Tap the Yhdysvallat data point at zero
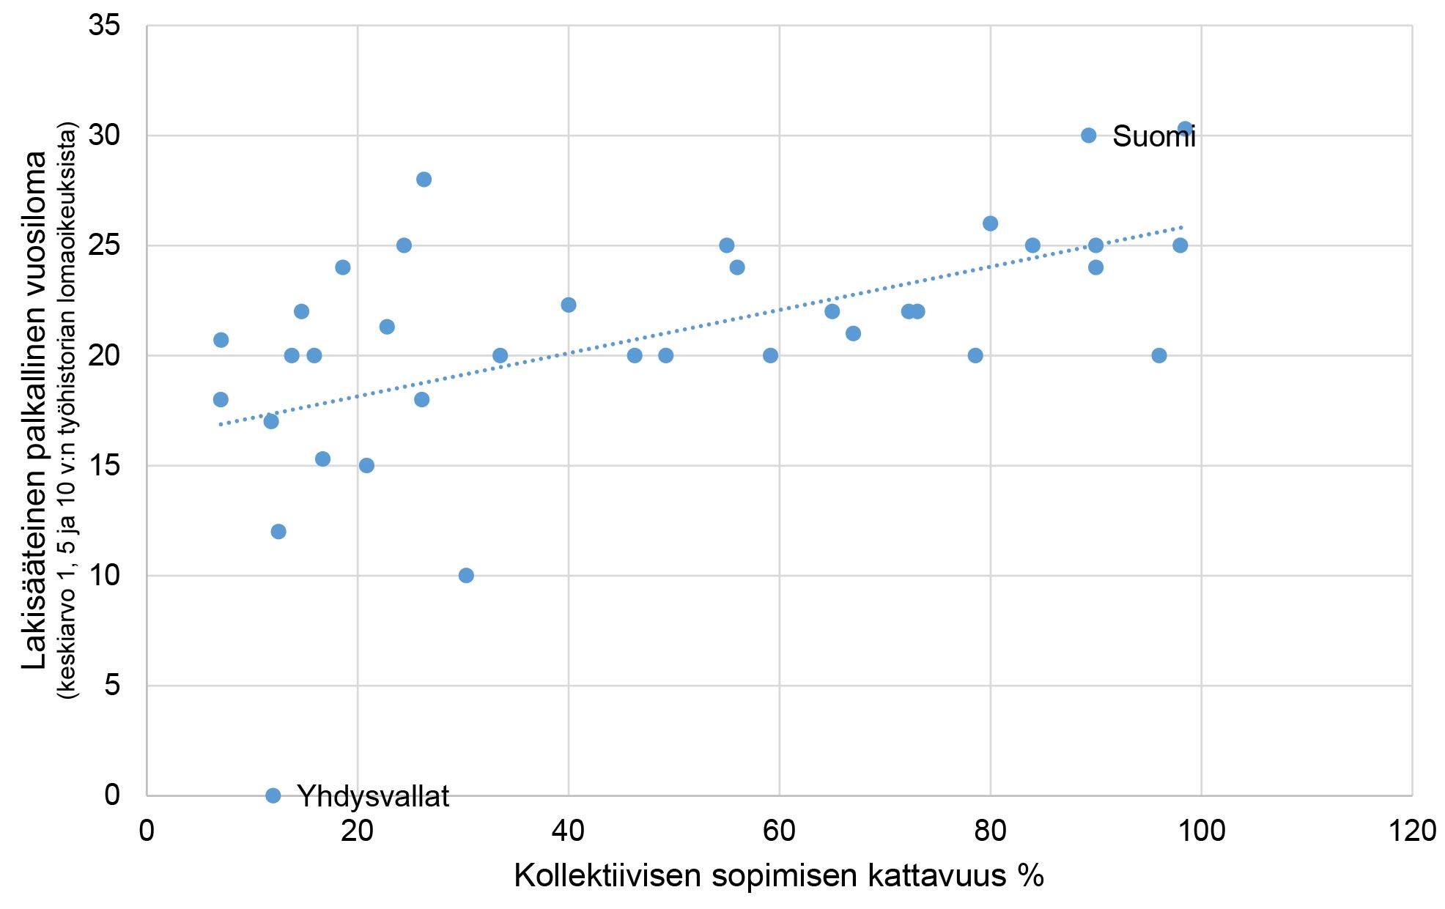pos(273,795)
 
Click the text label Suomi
pos(1153,137)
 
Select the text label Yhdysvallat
pos(373,796)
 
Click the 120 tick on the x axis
pos(1411,832)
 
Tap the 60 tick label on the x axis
pos(779,832)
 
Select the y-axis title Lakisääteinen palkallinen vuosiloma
pos(35,410)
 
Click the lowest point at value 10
pos(466,576)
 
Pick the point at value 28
pos(424,179)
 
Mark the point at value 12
pos(278,532)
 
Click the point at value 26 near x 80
pos(990,223)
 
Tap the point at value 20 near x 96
pos(1158,355)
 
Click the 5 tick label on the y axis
pos(112,686)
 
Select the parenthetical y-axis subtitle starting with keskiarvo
pos(70,410)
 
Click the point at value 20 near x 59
pos(770,355)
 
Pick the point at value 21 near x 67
pos(853,333)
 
